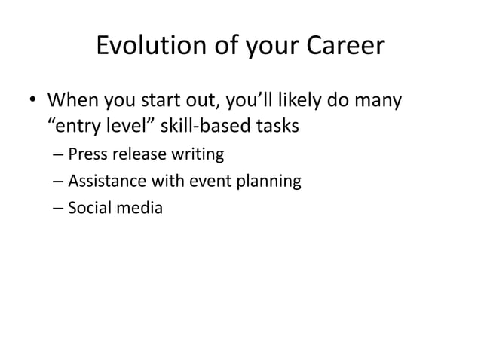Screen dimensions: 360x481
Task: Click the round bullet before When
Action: tap(32, 101)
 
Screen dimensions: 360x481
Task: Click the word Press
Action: tap(86, 156)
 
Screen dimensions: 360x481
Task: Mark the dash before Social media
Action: tap(59, 208)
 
